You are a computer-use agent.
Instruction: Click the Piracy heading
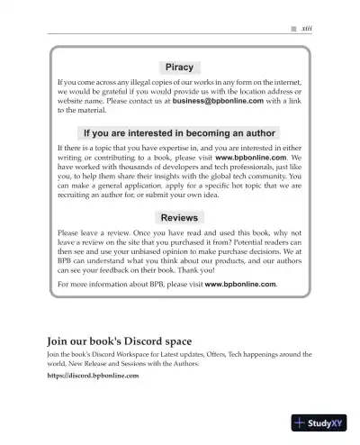point(181,67)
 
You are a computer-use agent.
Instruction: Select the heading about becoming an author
point(181,133)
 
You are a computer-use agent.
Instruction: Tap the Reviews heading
point(181,218)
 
